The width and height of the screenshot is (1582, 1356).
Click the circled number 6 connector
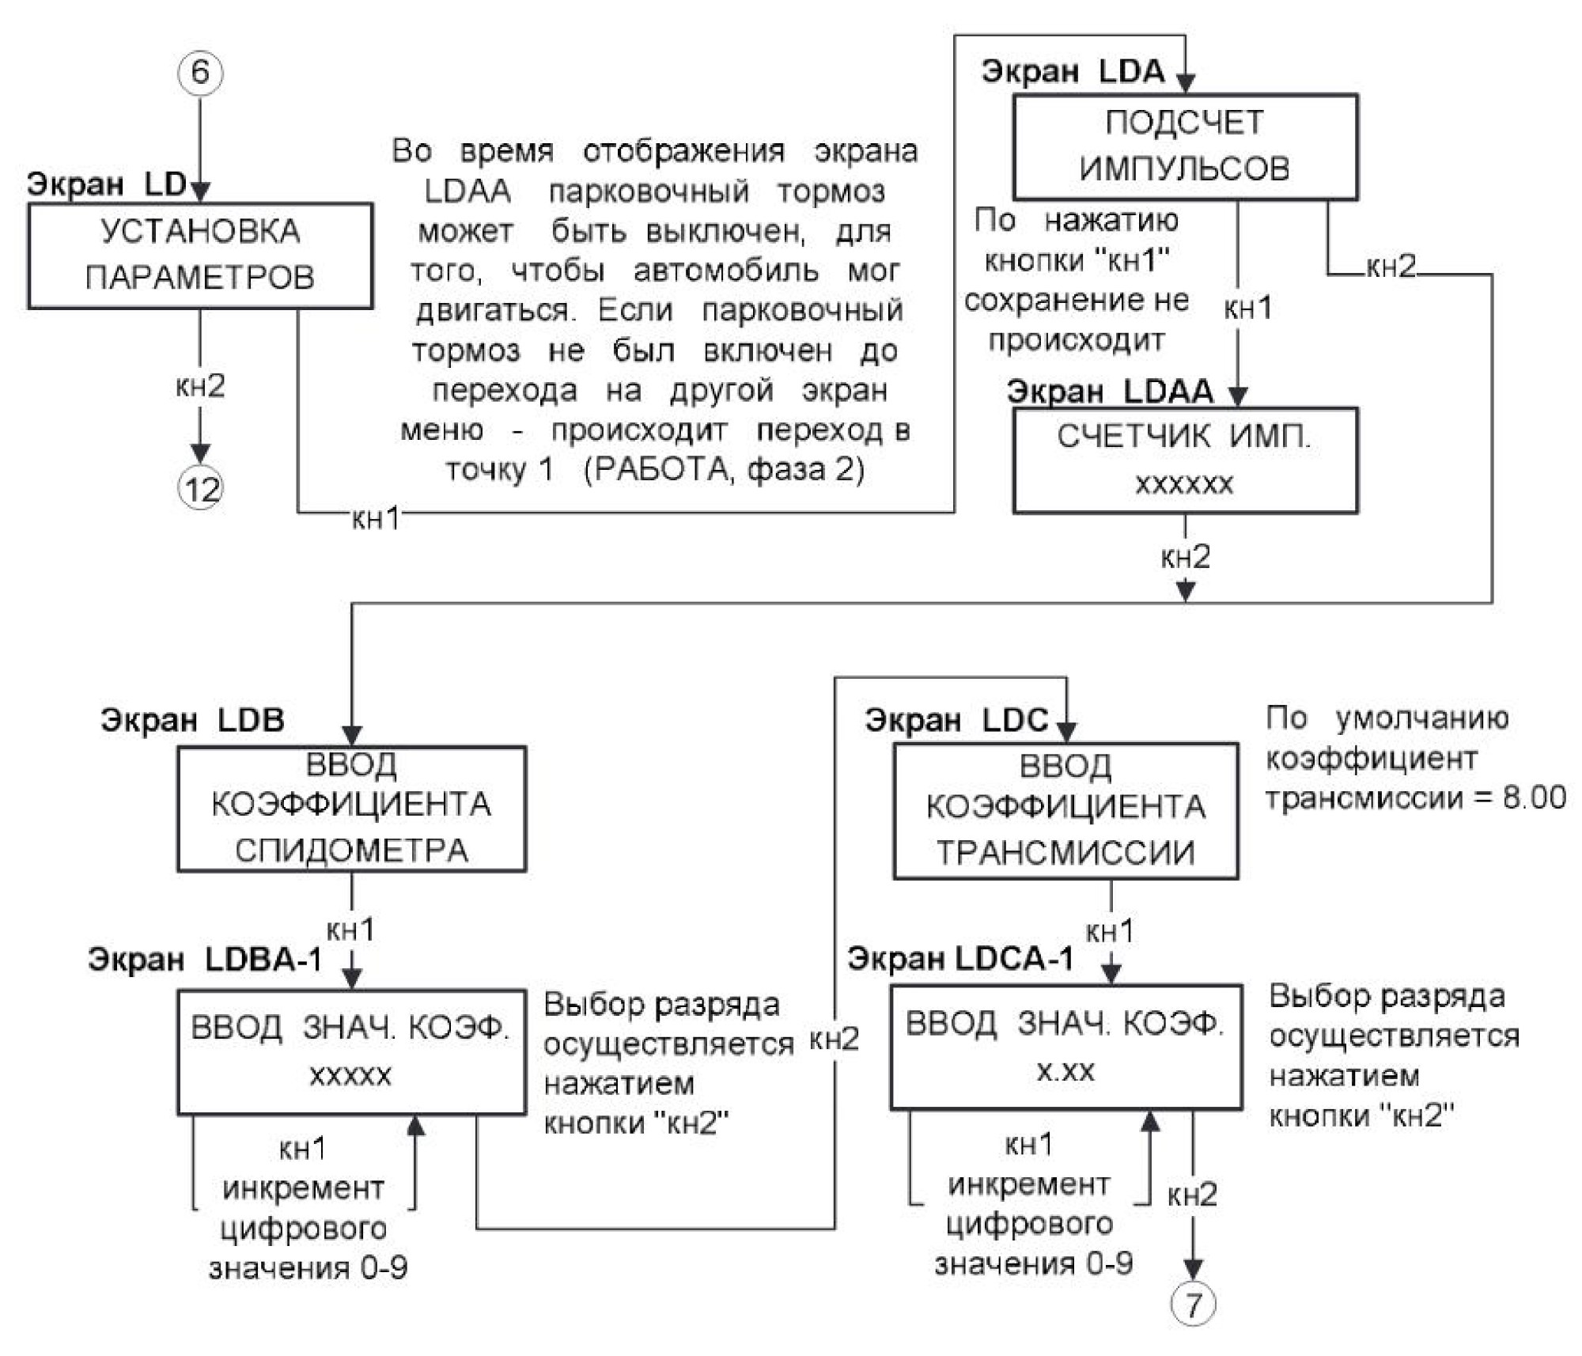pos(200,73)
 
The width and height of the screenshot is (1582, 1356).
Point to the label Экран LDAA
pos(1110,392)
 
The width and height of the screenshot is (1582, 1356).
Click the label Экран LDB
pos(192,720)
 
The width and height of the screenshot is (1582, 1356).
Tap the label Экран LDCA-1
pos(961,959)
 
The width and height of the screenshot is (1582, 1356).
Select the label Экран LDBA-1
pos(205,960)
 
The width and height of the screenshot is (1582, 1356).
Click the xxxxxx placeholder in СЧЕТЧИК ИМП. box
pos(1184,483)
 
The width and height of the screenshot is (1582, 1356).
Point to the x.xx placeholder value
pos(1065,1071)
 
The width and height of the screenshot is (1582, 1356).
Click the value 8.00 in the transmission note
pos(1535,797)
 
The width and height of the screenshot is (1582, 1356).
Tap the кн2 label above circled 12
pos(200,386)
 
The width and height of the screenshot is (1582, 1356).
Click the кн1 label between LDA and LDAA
pos(1248,308)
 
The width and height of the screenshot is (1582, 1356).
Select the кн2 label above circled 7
pos(1192,1195)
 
